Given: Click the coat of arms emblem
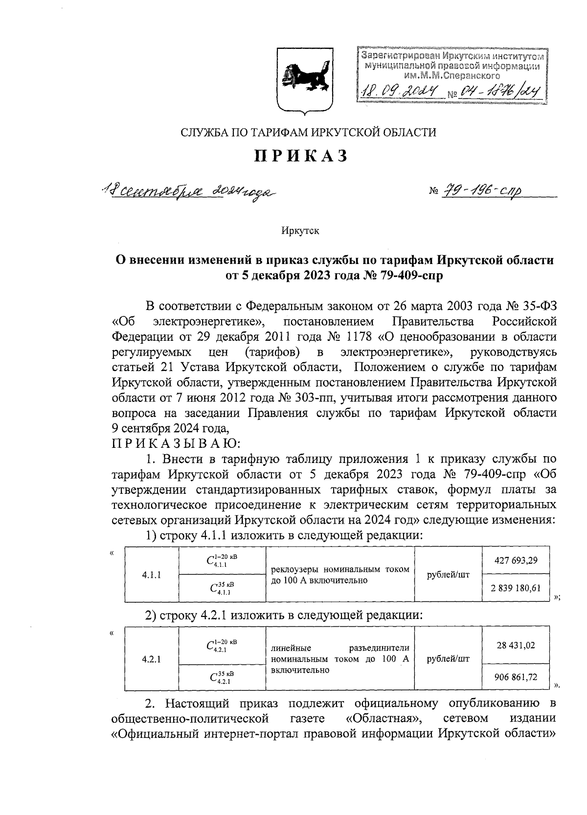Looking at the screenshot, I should (x=305, y=82).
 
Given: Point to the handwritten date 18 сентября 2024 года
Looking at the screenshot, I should (x=188, y=191).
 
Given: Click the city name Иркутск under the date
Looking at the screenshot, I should (x=300, y=231).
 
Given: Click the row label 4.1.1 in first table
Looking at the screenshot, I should (x=152, y=574).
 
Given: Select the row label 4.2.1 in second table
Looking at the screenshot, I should (x=152, y=660).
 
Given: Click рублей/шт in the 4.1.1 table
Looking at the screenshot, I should (x=448, y=574).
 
